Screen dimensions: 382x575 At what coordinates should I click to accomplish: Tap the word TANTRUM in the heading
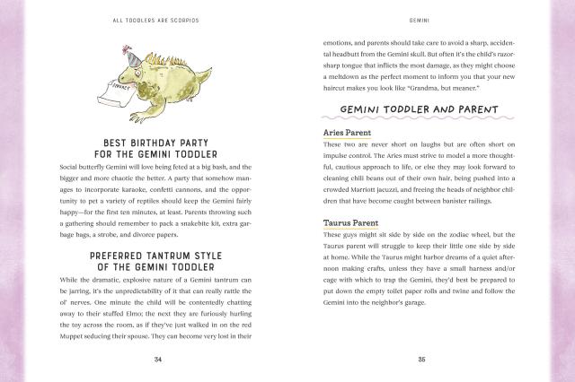pos(168,256)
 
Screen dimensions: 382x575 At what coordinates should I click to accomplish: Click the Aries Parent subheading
pos(349,132)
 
